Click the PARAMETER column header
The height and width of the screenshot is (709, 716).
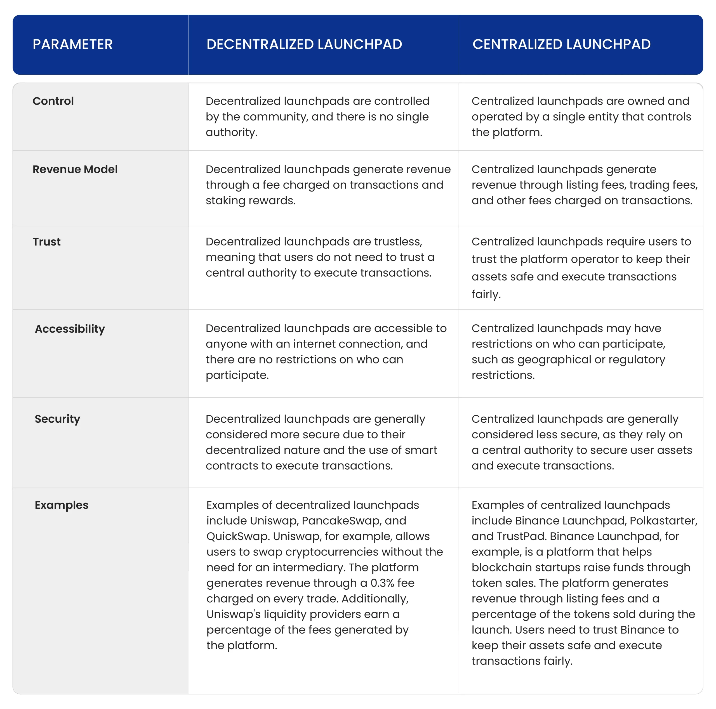click(x=73, y=44)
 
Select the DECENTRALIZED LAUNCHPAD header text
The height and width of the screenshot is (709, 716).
click(x=304, y=44)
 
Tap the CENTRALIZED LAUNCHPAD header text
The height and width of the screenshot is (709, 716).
click(x=561, y=44)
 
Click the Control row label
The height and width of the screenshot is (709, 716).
click(x=53, y=101)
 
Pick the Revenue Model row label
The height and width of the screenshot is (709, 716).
click(x=75, y=169)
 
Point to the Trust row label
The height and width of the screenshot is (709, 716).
click(x=46, y=242)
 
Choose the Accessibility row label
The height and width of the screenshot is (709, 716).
click(x=70, y=329)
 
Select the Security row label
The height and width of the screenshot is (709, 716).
click(x=57, y=419)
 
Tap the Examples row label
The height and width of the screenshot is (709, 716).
click(x=62, y=505)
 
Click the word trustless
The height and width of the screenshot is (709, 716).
click(x=398, y=242)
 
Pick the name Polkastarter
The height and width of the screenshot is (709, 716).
click(x=663, y=521)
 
